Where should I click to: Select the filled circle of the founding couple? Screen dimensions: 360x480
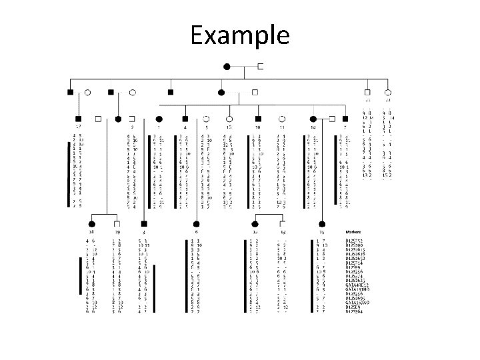tap(227, 66)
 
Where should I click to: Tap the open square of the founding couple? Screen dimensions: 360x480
tap(260, 66)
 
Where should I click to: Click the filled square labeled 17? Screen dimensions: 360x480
tap(79, 119)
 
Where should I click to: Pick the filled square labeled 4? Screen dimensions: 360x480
tap(185, 119)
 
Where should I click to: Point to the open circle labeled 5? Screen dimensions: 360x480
tap(207, 119)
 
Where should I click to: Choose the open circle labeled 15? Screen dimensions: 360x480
tap(229, 119)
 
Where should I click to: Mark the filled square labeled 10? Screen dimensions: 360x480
tap(257, 119)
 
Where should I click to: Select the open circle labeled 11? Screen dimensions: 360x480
tap(283, 119)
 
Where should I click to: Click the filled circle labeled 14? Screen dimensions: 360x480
tap(313, 119)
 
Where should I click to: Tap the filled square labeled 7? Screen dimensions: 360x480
tap(345, 119)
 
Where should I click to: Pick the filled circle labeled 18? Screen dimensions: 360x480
tap(92, 224)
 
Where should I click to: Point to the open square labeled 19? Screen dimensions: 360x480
tap(117, 224)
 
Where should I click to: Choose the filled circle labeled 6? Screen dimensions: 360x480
tap(196, 224)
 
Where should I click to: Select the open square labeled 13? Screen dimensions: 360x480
tap(283, 224)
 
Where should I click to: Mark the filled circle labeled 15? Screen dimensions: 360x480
tap(322, 224)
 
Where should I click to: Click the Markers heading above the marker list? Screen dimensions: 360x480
tap(353, 233)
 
